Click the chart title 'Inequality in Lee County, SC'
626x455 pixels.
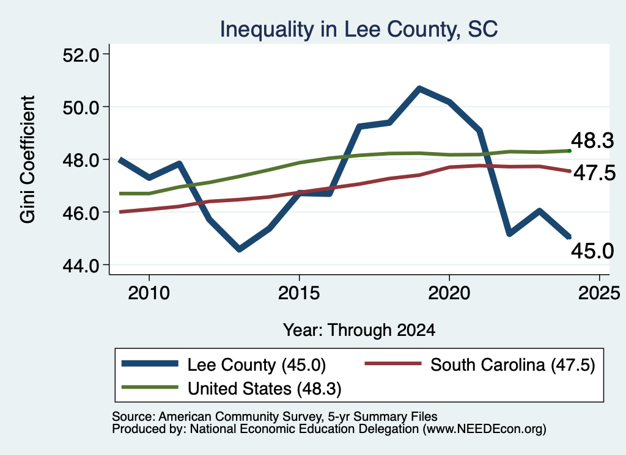click(358, 29)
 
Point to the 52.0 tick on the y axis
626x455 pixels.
click(81, 54)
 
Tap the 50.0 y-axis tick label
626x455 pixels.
click(81, 107)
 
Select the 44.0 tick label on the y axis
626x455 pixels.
click(81, 265)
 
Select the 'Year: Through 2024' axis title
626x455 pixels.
click(359, 330)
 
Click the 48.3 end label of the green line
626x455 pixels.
click(592, 140)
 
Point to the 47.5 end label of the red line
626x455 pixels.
click(595, 173)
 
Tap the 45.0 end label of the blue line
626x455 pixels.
click(592, 251)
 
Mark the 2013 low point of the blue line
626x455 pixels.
click(239, 249)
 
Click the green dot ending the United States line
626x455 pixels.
click(570, 151)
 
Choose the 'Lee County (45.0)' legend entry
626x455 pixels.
click(224, 365)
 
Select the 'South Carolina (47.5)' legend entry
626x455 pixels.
click(480, 365)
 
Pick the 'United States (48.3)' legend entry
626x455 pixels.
click(232, 388)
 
